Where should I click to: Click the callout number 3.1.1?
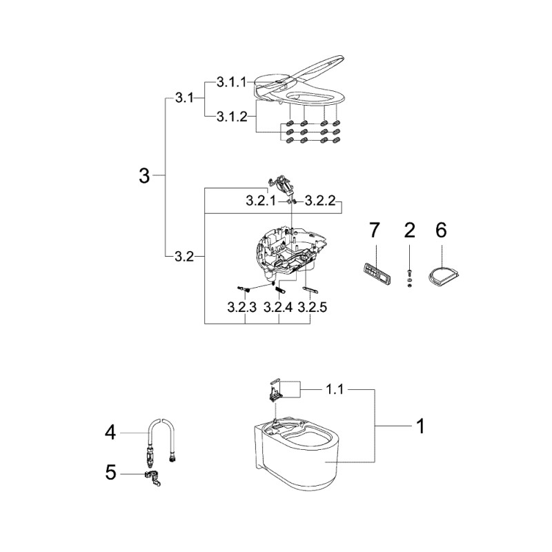tap(231, 82)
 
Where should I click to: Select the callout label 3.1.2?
tap(232, 116)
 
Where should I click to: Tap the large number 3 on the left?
tap(144, 175)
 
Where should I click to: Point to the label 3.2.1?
tap(262, 201)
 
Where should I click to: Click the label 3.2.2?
tap(320, 201)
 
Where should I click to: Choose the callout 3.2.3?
tap(242, 307)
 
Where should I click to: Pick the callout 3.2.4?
tap(278, 307)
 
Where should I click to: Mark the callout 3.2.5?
tap(313, 307)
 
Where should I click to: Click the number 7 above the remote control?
tap(374, 230)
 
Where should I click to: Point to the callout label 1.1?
tap(335, 389)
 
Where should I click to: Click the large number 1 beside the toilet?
tap(421, 426)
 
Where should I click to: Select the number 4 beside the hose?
tap(110, 433)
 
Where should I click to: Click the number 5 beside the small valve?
tap(110, 473)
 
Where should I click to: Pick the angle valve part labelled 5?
tap(152, 478)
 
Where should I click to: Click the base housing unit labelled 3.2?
tap(287, 252)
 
